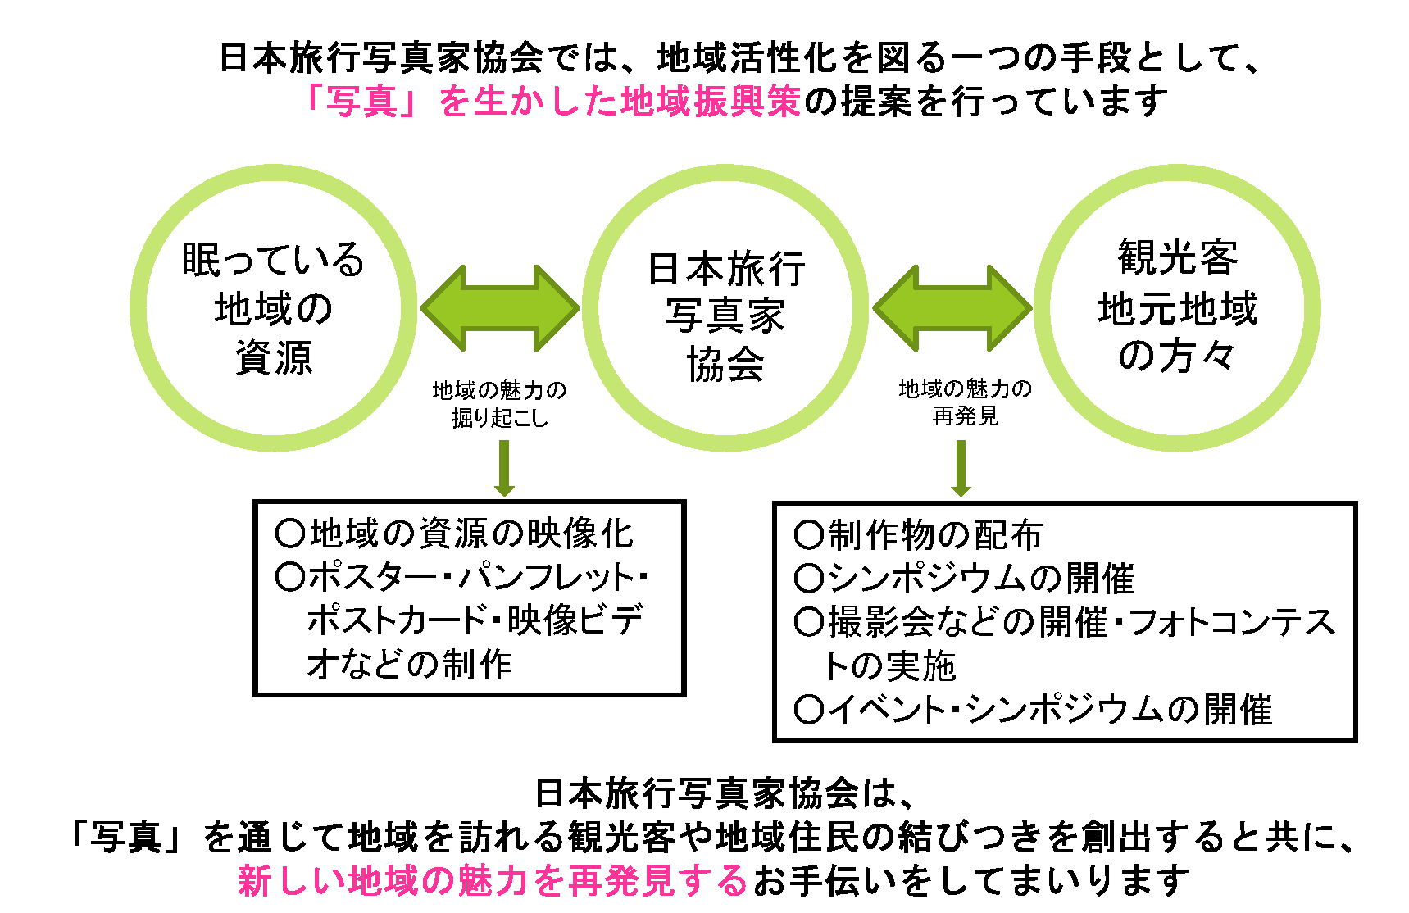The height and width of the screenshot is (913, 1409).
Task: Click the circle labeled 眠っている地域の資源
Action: coord(273,308)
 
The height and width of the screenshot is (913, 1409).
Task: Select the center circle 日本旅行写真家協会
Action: coord(725,308)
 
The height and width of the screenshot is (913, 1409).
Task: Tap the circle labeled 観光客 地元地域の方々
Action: coord(1177,308)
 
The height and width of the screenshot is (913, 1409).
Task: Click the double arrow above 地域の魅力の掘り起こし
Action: coord(500,308)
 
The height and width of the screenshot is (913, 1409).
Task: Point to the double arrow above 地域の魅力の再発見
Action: coord(952,308)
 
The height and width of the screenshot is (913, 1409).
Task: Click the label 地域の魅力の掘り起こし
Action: coord(500,404)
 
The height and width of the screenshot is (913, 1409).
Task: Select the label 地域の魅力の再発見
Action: coord(965,402)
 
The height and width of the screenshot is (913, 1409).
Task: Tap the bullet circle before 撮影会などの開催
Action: coord(809,623)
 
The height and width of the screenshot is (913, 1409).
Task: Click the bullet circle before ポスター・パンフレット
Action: coord(290,577)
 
